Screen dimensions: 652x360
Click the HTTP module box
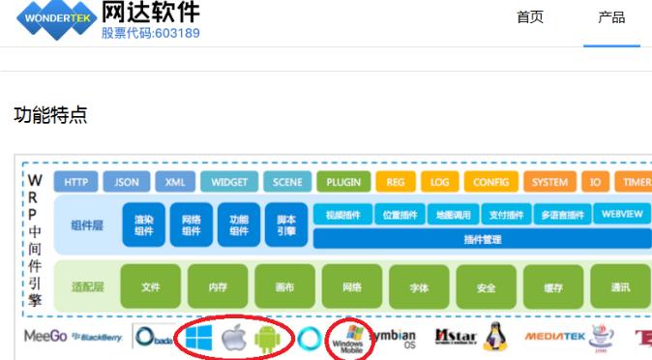(x=76, y=182)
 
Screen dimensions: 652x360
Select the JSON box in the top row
(x=127, y=182)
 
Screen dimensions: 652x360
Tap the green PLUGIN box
(x=342, y=182)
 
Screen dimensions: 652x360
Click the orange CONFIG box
(x=495, y=182)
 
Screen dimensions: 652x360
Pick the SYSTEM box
(x=549, y=182)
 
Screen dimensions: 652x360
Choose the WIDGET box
(x=229, y=182)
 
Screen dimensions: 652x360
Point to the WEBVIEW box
(x=620, y=214)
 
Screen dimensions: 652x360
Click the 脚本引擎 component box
(x=285, y=225)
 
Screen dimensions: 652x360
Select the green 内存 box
(x=218, y=286)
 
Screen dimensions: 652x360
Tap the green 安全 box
(x=487, y=286)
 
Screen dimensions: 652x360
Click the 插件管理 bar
(x=482, y=239)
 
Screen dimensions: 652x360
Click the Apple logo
(x=233, y=338)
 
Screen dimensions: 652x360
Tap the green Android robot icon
(x=267, y=338)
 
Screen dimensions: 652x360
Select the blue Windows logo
(x=198, y=337)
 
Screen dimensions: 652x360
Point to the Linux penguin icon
(x=495, y=337)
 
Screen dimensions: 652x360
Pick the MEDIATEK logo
(x=554, y=337)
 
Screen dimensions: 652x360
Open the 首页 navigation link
(x=530, y=17)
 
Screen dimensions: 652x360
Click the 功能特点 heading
(x=50, y=115)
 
